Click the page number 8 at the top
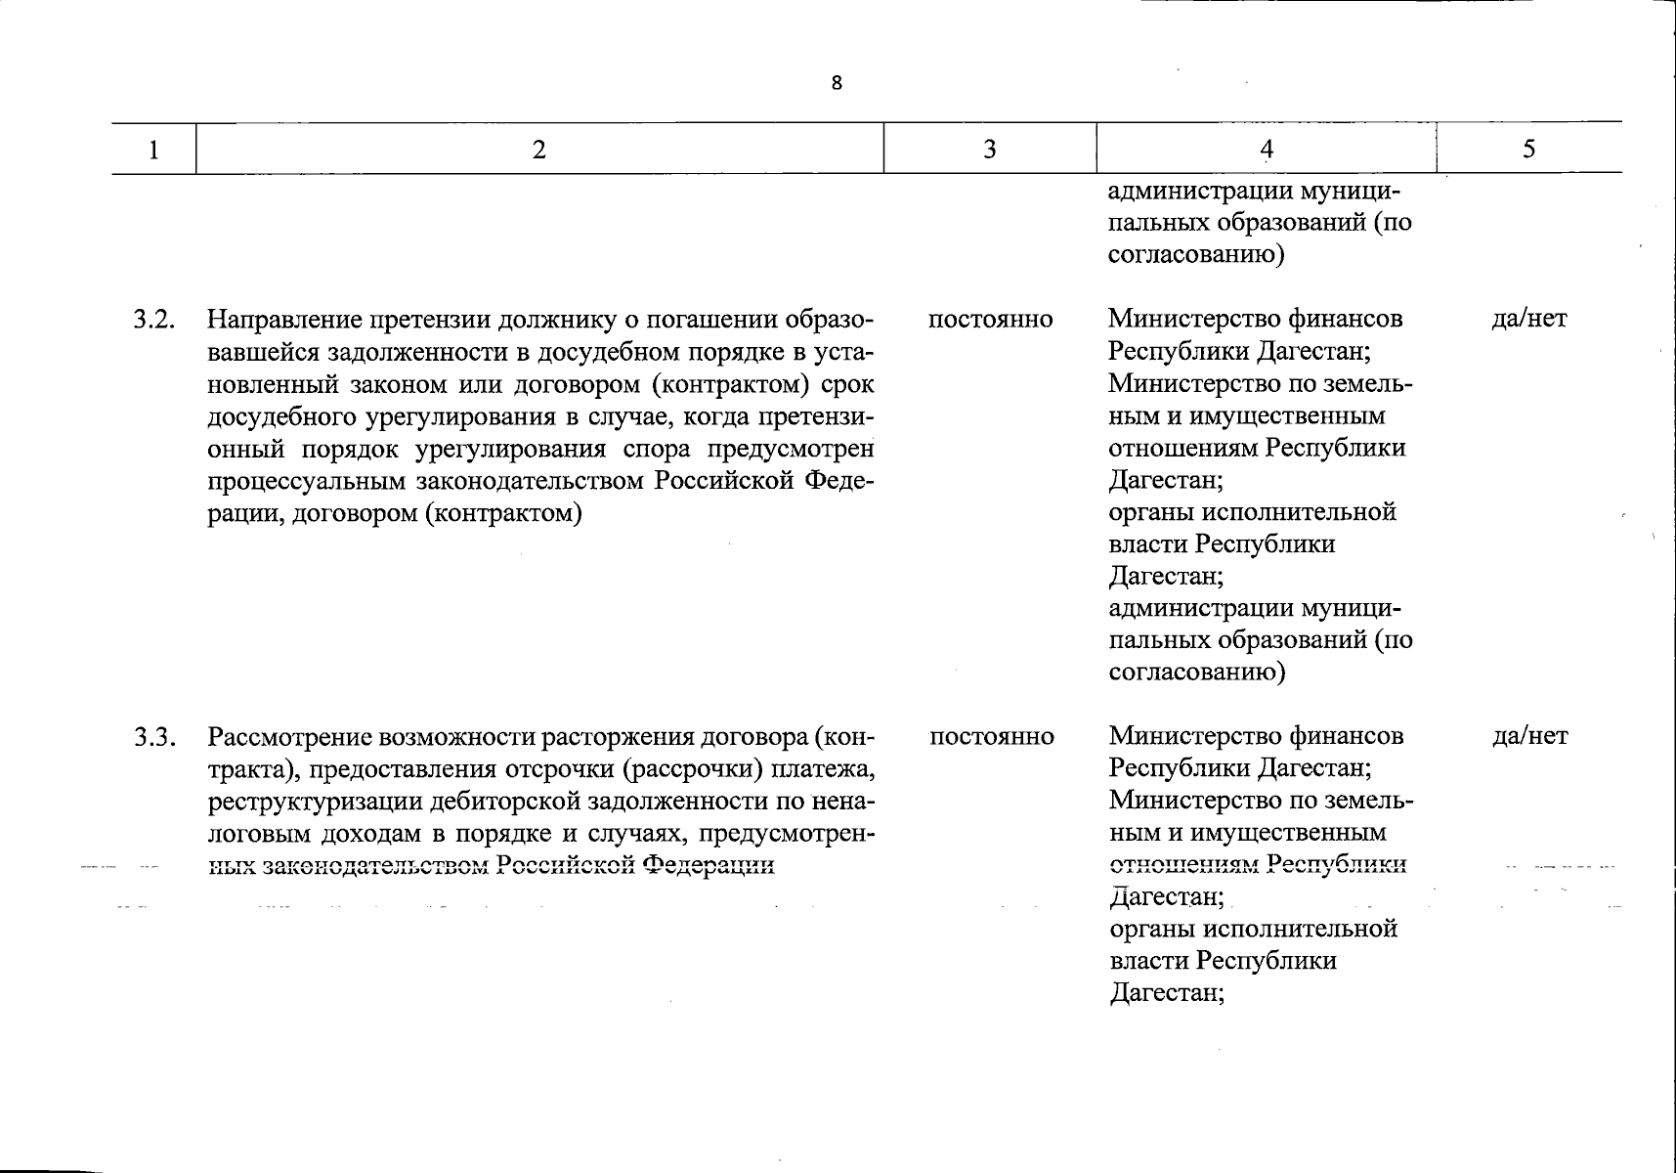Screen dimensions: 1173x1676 tap(837, 83)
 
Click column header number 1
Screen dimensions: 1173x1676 tap(152, 149)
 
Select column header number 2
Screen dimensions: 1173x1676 tap(538, 149)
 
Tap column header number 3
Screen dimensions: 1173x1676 tap(989, 149)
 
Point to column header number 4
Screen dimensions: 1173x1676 tap(1267, 149)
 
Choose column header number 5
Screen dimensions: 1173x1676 tap(1528, 149)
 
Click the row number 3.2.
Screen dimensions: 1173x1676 tap(154, 320)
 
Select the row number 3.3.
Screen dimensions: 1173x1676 tap(154, 737)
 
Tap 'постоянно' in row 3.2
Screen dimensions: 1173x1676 tap(990, 320)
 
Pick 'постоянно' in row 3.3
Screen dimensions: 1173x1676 tap(991, 737)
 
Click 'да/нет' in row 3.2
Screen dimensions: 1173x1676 tap(1529, 319)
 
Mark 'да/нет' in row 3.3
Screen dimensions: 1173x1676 tap(1530, 736)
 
